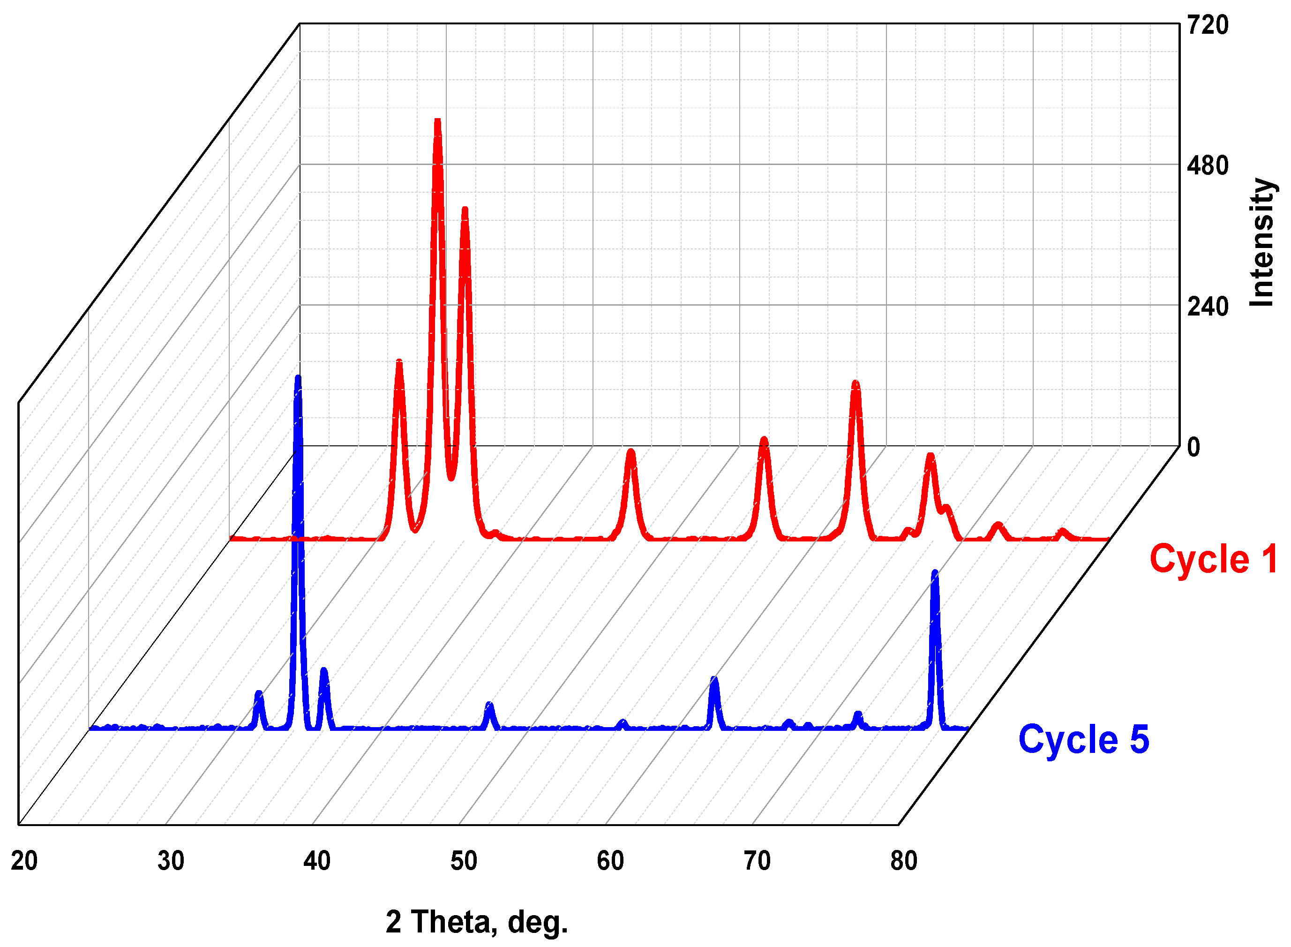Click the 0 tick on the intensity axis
pyautogui.click(x=1193, y=448)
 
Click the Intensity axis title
pyautogui.click(x=1261, y=242)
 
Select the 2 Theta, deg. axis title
pyautogui.click(x=476, y=922)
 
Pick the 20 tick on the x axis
pyautogui.click(x=24, y=861)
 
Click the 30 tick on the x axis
pyautogui.click(x=171, y=861)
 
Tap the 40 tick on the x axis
pyautogui.click(x=317, y=861)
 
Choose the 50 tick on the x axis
pyautogui.click(x=464, y=861)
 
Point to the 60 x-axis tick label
pyautogui.click(x=610, y=861)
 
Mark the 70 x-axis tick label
pyautogui.click(x=757, y=861)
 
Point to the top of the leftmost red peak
pyautogui.click(x=399, y=362)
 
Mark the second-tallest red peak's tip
pyautogui.click(x=465, y=210)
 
